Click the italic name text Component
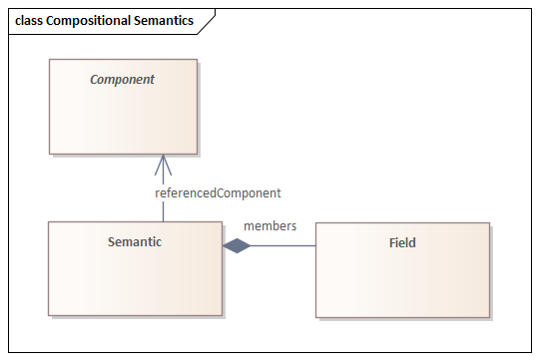123,79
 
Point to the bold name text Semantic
135,242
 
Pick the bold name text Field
402,242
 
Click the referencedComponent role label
218,192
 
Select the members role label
269,225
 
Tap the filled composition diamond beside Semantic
237,245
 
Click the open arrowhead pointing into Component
164,164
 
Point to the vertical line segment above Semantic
164,210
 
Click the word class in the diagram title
29,20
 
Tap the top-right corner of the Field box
489,223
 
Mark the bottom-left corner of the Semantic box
49,315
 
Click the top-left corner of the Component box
50,60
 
